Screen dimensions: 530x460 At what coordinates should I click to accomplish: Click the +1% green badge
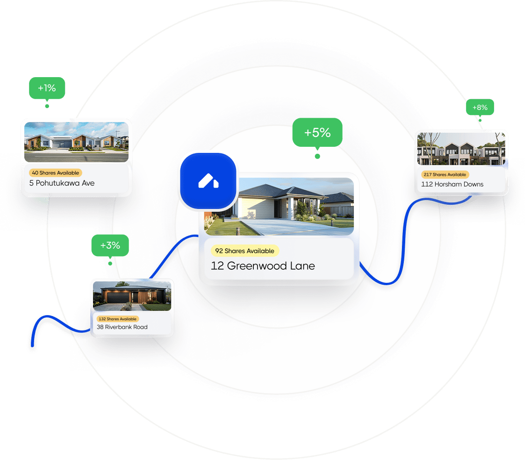[x=47, y=88]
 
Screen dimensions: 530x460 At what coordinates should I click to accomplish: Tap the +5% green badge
[x=317, y=132]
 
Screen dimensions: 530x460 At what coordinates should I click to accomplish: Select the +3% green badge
[x=110, y=245]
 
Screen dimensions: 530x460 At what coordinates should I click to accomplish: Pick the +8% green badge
[x=480, y=108]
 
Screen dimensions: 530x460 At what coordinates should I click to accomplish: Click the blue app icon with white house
[x=208, y=181]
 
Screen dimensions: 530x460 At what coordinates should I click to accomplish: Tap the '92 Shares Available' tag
[x=244, y=251]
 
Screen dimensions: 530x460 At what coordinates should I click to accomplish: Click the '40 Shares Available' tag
[x=55, y=173]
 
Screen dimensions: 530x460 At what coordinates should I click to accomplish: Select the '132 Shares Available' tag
[x=117, y=319]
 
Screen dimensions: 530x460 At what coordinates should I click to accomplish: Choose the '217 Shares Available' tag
[x=444, y=175]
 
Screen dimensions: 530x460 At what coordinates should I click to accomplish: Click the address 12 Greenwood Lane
[x=263, y=266]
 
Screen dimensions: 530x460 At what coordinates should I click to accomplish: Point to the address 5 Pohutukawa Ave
[x=62, y=183]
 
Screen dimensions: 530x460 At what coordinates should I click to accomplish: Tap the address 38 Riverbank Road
[x=122, y=327]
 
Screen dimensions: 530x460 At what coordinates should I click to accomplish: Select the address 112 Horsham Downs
[x=452, y=184]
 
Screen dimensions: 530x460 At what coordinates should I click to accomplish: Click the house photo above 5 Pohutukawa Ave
[x=76, y=142]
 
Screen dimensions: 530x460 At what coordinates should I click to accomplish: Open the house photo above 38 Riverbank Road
[x=132, y=296]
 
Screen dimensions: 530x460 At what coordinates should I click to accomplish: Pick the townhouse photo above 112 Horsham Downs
[x=461, y=148]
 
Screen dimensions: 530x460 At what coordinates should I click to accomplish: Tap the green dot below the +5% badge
[x=317, y=156]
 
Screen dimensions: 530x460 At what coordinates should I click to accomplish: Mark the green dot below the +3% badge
[x=110, y=263]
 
